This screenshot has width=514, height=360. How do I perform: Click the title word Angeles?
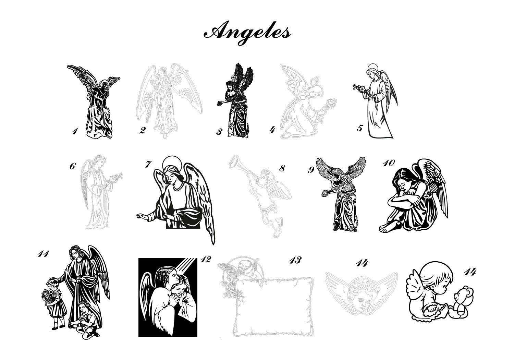pos(247,33)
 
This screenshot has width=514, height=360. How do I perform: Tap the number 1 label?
pos(74,131)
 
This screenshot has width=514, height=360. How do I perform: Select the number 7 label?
pos(148,164)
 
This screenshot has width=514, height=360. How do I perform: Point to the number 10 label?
pos(389,163)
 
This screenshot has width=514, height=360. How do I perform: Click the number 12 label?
pos(206,259)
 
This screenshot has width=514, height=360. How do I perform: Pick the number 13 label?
pos(295,260)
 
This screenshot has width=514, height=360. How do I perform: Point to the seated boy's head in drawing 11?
pos(83,307)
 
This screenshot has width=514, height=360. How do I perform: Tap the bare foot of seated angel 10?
pos(387,228)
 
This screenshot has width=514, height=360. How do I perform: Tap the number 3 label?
pos(219,132)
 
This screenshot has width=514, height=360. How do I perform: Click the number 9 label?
pos(311,170)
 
